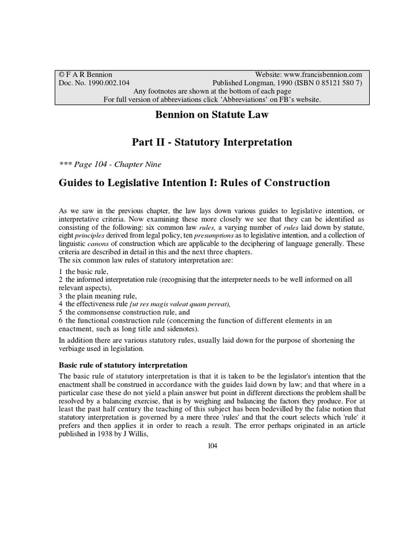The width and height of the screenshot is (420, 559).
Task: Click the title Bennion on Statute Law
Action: [210, 116]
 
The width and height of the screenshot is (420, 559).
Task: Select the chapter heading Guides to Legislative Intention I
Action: [194, 183]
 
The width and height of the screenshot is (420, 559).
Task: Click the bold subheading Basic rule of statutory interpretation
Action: [123, 365]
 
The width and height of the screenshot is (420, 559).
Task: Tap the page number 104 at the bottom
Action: [213, 446]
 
